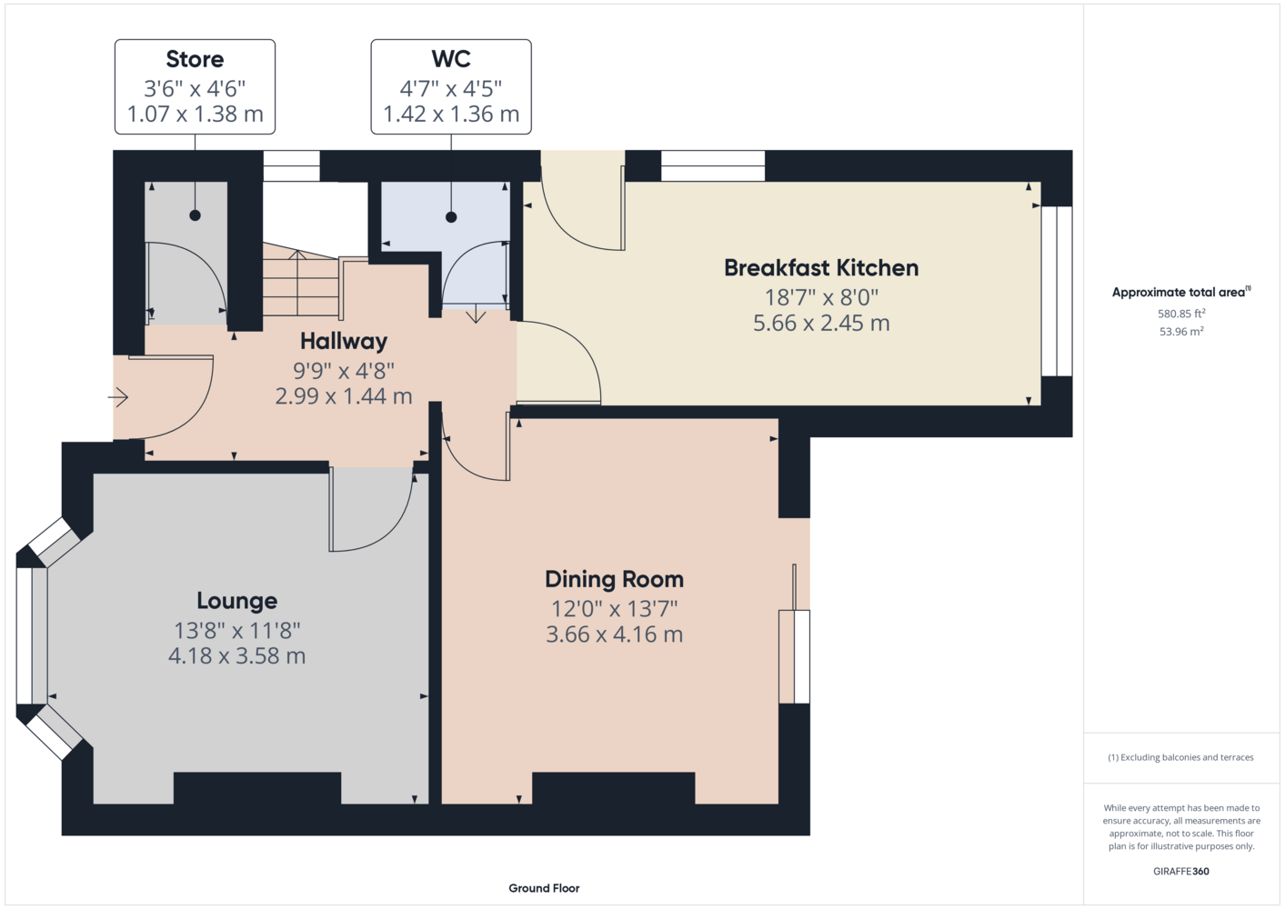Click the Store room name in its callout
coord(195,59)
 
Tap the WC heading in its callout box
coord(451,58)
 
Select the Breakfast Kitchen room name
coord(821,268)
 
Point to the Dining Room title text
coord(615,579)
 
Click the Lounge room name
coord(237,601)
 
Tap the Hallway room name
coord(344,341)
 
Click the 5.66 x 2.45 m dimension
coord(821,323)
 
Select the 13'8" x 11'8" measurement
coord(237,631)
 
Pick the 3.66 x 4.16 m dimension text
coord(615,634)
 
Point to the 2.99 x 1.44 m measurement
coord(344,396)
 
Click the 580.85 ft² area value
coord(1181,314)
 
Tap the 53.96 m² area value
coord(1181,332)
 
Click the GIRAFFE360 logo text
coord(1181,871)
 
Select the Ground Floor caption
coord(544,888)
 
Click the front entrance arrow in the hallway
coord(118,397)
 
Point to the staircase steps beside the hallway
coord(301,280)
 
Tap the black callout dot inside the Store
coord(195,215)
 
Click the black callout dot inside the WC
coord(451,217)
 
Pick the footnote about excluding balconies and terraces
coord(1180,757)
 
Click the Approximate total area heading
coord(1181,292)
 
